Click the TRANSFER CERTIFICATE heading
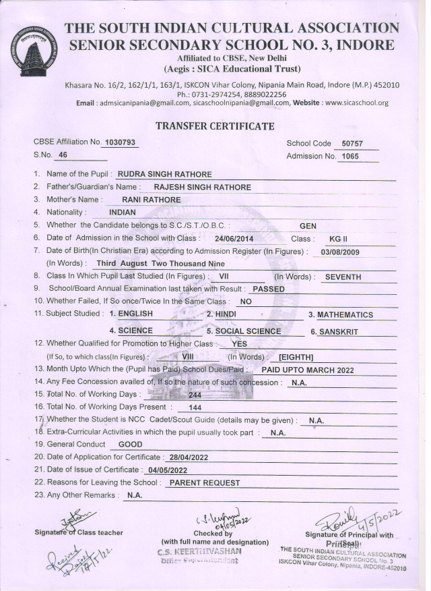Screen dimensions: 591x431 215,126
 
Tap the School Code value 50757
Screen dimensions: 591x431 352,144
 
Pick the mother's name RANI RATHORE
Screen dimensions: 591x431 152,200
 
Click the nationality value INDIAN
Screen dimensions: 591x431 122,213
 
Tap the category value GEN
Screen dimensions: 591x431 308,226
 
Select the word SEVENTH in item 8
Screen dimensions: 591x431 343,277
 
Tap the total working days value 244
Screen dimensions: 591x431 195,395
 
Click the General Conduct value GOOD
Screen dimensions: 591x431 130,445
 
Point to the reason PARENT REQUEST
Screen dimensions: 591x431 204,483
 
